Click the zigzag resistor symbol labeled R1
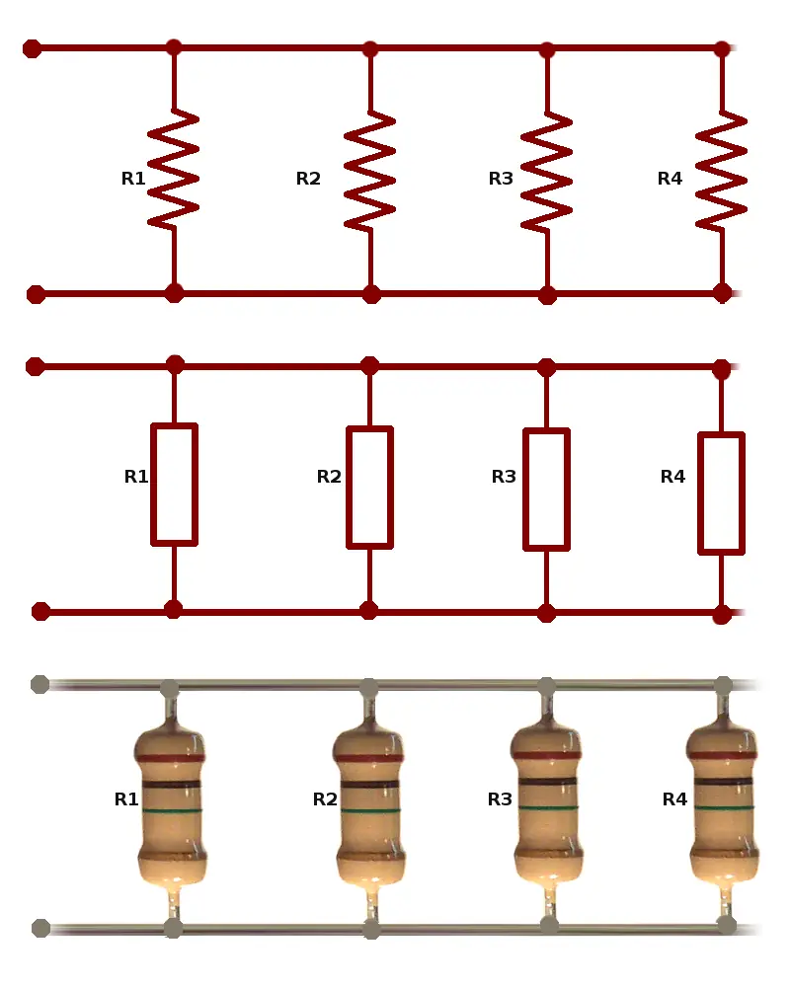(174, 169)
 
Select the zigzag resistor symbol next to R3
(546, 172)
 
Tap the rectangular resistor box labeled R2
(369, 487)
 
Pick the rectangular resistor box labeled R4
(721, 492)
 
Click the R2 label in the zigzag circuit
(308, 179)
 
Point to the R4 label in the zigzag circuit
(670, 179)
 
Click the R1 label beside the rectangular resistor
(136, 477)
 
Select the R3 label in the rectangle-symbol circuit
(504, 477)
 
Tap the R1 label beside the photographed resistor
(126, 799)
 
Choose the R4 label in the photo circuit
(674, 799)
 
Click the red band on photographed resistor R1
(172, 758)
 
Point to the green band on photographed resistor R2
(369, 810)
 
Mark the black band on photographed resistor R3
(546, 782)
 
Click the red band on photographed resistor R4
(722, 755)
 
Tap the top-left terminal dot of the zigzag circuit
(32, 48)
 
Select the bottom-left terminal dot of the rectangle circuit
(40, 611)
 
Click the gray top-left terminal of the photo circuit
(39, 684)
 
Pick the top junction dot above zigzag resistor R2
(370, 49)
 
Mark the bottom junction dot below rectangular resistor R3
(546, 613)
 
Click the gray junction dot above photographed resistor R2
(368, 687)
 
